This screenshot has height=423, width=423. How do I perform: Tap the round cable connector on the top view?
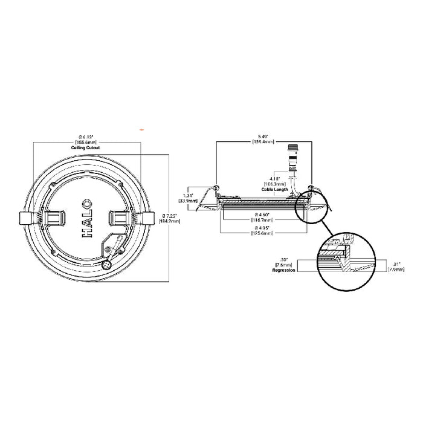(108, 264)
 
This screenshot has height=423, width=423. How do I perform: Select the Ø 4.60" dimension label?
(265, 215)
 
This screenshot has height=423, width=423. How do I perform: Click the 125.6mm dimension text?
(265, 233)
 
